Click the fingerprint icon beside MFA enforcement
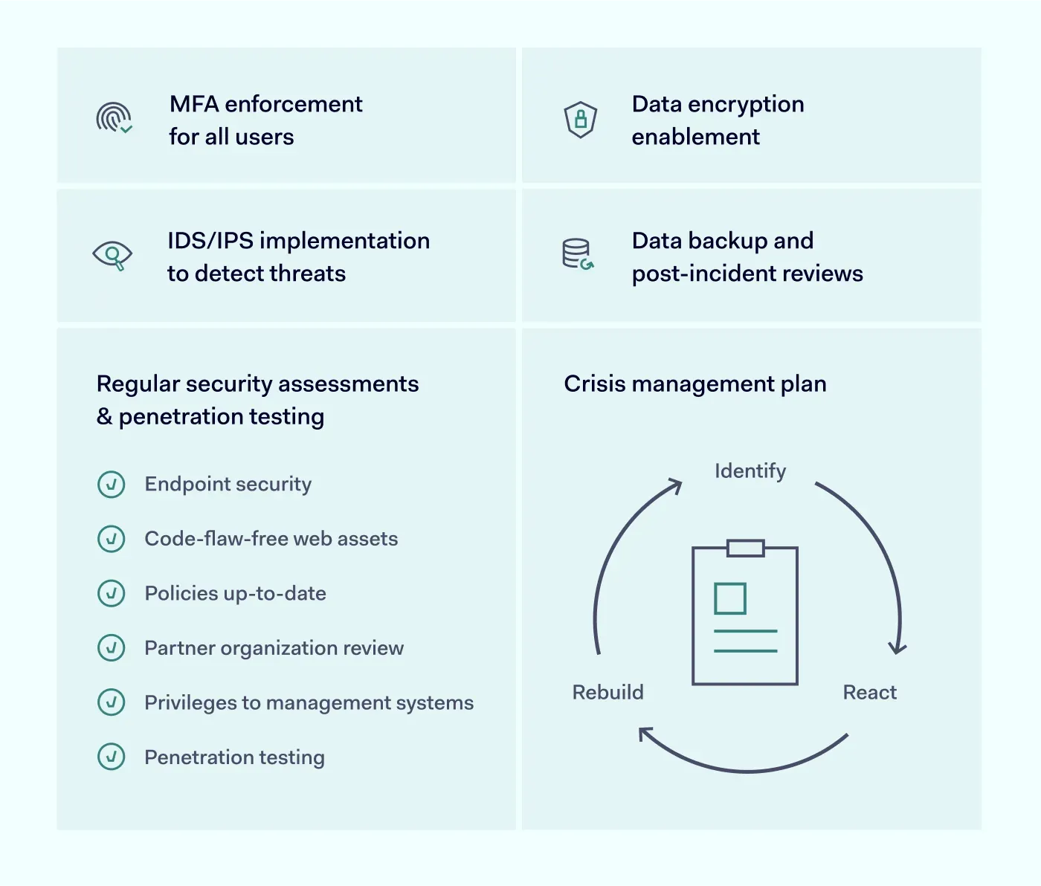tap(113, 118)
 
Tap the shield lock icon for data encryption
tap(581, 119)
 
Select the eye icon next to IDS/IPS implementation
tap(112, 256)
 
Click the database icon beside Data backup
tap(577, 254)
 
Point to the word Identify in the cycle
tap(750, 471)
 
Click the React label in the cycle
tap(869, 693)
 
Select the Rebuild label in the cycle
tap(607, 693)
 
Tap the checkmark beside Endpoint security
tap(112, 485)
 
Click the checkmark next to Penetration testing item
tap(112, 757)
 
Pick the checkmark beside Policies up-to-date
tap(112, 594)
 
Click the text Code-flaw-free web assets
tap(271, 539)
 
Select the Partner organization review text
tap(274, 648)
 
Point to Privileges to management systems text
tap(309, 703)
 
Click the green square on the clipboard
tap(729, 598)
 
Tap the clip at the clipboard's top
tap(745, 549)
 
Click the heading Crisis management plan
tap(694, 384)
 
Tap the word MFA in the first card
tap(194, 104)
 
